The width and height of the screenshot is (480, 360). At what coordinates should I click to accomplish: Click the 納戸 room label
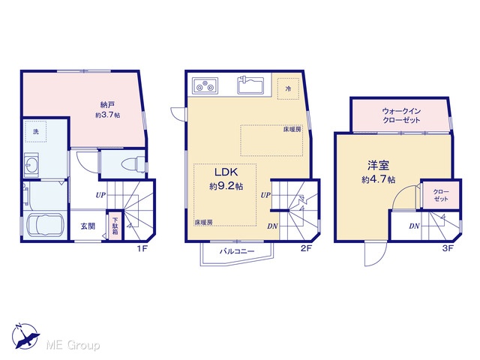[107, 105]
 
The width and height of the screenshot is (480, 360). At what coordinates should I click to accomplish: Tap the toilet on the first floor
[133, 164]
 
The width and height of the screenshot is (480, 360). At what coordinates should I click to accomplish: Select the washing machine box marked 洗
[36, 131]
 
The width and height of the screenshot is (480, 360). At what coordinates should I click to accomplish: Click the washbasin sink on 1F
[31, 164]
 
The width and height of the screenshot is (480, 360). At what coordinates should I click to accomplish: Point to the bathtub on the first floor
[45, 224]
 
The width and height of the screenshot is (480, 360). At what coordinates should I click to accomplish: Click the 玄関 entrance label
[88, 226]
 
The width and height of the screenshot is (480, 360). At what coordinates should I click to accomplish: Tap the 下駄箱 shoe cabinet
[115, 226]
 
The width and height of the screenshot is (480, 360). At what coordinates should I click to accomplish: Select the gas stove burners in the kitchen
[205, 85]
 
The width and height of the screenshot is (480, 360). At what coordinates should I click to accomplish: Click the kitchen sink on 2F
[250, 85]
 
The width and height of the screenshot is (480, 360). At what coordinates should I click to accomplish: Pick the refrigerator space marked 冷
[288, 88]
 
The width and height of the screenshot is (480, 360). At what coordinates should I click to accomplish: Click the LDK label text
[226, 172]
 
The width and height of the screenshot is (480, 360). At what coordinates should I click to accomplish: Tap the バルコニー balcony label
[237, 252]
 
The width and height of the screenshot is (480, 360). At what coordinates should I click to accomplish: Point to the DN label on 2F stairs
[272, 226]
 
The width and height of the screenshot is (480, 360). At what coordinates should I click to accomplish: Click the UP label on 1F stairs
[100, 195]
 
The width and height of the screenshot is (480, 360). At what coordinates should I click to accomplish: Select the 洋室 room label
[378, 165]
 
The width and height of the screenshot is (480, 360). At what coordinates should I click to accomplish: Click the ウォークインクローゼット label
[401, 115]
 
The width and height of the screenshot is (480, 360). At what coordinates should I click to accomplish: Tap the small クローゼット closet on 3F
[441, 195]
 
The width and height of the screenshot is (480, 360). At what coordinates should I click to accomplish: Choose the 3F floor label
[448, 248]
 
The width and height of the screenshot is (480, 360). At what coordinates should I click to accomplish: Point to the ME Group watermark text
[73, 345]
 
